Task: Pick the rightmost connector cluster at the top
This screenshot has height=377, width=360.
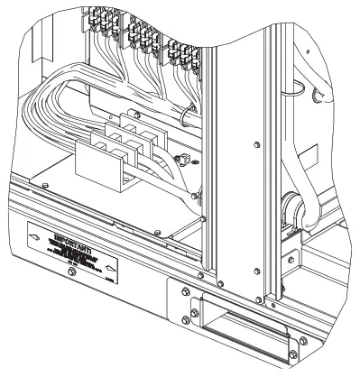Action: click(184, 54)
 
